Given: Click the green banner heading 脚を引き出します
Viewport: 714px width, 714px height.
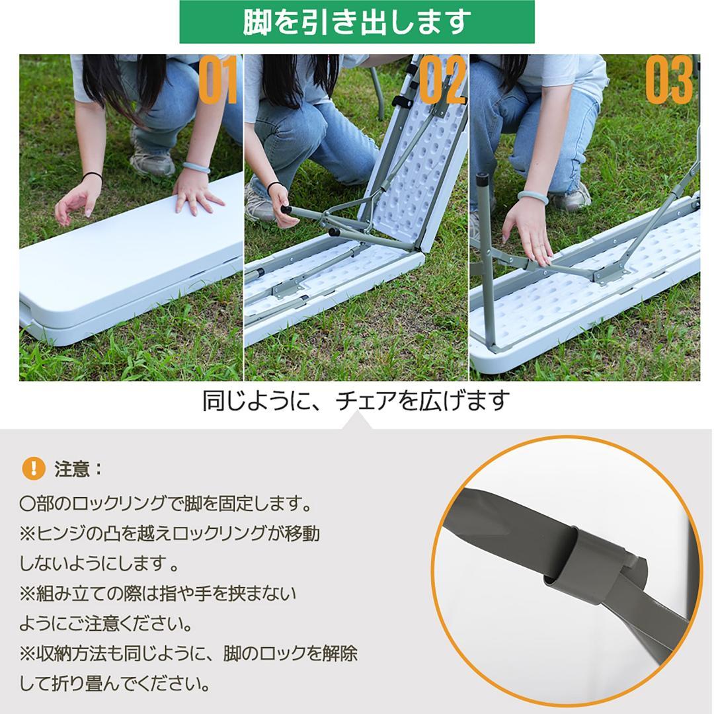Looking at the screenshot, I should pyautogui.click(x=357, y=22).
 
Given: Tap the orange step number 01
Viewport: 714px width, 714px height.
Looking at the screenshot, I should pyautogui.click(x=218, y=81).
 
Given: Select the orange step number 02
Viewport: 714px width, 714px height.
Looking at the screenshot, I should pyautogui.click(x=442, y=81).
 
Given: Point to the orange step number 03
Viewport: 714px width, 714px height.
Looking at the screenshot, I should pyautogui.click(x=668, y=81).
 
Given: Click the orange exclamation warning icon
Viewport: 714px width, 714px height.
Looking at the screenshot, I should pyautogui.click(x=33, y=469).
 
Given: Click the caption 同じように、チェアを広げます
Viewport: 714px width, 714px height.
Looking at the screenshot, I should pyautogui.click(x=356, y=401).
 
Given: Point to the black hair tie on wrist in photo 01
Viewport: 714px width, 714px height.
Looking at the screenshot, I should pyautogui.click(x=93, y=176).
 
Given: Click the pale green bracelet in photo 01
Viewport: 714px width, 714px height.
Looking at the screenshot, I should pyautogui.click(x=196, y=167).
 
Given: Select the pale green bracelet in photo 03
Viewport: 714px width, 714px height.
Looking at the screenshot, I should pyautogui.click(x=533, y=196).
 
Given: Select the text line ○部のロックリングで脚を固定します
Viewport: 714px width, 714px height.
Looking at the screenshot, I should pyautogui.click(x=165, y=504).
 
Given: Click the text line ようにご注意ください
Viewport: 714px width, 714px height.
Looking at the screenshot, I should pyautogui.click(x=106, y=623).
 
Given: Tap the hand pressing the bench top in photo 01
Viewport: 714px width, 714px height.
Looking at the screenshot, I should pyautogui.click(x=196, y=194).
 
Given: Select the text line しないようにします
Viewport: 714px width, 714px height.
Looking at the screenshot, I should pyautogui.click(x=99, y=564).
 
